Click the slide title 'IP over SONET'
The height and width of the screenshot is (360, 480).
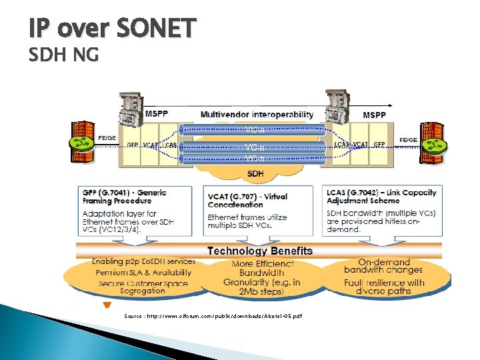[113, 29]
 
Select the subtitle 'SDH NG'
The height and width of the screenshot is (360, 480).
[63, 56]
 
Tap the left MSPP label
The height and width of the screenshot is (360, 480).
[157, 115]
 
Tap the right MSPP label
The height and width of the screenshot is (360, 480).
[374, 115]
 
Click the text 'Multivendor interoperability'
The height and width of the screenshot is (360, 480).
[257, 115]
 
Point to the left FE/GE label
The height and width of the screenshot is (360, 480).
[107, 138]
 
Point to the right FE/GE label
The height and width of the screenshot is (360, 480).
[409, 140]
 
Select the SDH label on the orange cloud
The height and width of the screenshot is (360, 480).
[255, 174]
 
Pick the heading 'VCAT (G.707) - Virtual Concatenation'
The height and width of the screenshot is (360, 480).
[247, 201]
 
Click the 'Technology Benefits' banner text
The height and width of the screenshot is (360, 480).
[259, 251]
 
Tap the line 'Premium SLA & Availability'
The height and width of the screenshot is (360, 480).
[143, 272]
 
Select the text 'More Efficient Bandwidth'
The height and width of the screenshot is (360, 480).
[262, 268]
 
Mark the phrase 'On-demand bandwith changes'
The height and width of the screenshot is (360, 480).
[383, 266]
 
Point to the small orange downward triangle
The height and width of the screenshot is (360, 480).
[106, 305]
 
